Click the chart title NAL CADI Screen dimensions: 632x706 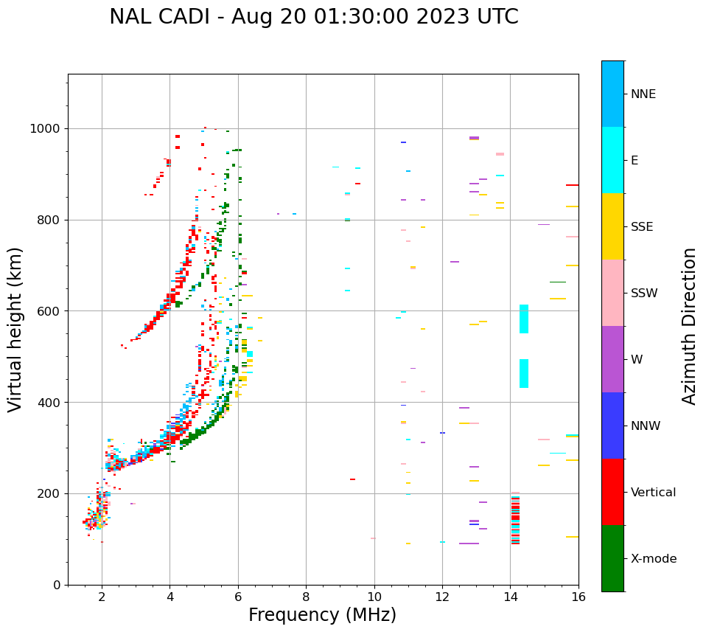tap(313, 17)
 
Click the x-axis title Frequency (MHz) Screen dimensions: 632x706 tap(322, 615)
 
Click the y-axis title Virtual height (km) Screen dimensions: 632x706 tap(16, 329)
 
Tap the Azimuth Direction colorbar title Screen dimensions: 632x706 tap(689, 326)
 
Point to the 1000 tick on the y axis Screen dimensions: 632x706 tap(48, 129)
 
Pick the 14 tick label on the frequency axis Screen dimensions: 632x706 tap(510, 597)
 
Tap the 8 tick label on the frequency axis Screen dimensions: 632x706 tap(306, 597)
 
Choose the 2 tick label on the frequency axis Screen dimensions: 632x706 tap(102, 597)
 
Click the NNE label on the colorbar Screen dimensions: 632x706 tap(643, 94)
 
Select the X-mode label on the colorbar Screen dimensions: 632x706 tap(653, 559)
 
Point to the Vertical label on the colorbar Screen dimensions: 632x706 tap(653, 493)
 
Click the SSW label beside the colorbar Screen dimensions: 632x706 tap(644, 294)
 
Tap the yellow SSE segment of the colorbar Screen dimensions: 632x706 tap(612, 226)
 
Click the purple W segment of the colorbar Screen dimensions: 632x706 tap(612, 359)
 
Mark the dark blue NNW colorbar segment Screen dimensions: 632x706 tap(612, 426)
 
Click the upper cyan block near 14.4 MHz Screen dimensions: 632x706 tap(524, 319)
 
